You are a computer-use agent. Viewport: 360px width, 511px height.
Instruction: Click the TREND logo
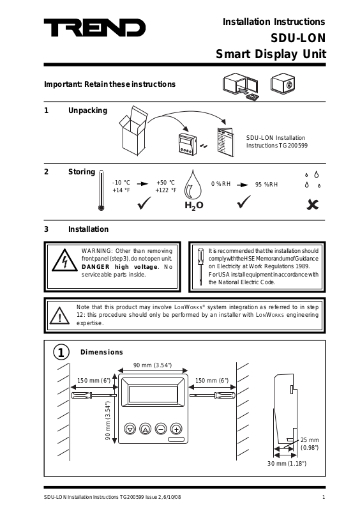click(x=95, y=27)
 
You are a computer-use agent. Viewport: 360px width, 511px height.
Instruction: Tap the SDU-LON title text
click(x=298, y=38)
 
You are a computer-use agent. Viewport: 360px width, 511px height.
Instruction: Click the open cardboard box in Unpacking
click(x=133, y=130)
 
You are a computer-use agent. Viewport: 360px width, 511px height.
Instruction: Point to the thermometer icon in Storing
click(x=101, y=190)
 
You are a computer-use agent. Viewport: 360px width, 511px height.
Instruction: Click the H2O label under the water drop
click(x=194, y=206)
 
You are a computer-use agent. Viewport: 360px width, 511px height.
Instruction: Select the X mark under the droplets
click(x=312, y=204)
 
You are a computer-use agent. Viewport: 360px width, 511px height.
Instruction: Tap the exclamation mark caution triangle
click(x=59, y=316)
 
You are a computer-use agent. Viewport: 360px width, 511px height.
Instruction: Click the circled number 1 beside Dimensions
click(x=61, y=353)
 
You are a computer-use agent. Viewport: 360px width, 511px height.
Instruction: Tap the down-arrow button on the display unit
click(x=130, y=429)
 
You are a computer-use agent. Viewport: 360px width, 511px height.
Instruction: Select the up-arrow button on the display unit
click(x=146, y=429)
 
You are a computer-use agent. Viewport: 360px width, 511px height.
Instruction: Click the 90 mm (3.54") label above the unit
click(x=153, y=365)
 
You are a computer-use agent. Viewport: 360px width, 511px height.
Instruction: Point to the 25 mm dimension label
click(x=310, y=440)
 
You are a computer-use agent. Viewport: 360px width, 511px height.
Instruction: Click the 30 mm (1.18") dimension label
click(x=287, y=464)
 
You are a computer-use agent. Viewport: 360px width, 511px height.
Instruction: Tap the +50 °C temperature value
click(x=165, y=183)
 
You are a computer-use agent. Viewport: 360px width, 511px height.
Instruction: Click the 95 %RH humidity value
click(x=267, y=185)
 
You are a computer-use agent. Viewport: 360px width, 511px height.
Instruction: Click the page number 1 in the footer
click(x=324, y=497)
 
